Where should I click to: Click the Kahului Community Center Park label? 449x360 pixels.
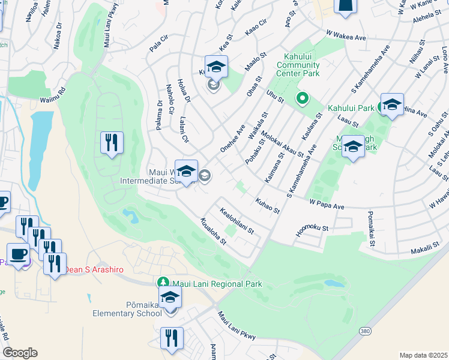pos(298,65)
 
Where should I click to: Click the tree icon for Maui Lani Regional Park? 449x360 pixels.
pos(163,282)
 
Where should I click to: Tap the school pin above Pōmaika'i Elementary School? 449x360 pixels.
pos(170,298)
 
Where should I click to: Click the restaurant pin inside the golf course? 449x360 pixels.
pos(112,143)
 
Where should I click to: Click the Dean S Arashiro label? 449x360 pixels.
pos(94,270)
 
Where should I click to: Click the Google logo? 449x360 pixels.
pos(19,353)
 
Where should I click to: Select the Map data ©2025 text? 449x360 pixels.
pos(423,355)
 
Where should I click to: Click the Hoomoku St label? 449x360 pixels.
pos(312,231)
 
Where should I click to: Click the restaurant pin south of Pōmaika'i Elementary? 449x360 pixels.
pos(172,338)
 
